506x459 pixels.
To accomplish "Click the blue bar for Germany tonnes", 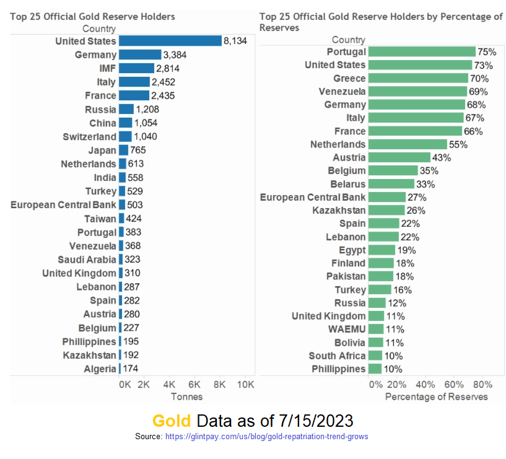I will pyautogui.click(x=140, y=55).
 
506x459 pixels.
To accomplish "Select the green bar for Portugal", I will pyautogui.click(x=422, y=52).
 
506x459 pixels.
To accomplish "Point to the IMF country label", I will pyautogui.click(x=108, y=68).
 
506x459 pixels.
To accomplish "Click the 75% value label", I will pyautogui.click(x=486, y=52).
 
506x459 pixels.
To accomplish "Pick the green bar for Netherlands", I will pyautogui.click(x=408, y=144).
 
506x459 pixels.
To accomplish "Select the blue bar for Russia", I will pyautogui.click(x=126, y=109).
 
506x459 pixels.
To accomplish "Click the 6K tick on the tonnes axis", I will pyautogui.click(x=194, y=384).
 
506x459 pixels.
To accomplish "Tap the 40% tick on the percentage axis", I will pyautogui.click(x=425, y=384).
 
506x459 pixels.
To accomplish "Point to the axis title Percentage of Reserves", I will pyautogui.click(x=436, y=396).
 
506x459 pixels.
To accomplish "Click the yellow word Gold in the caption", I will pyautogui.click(x=172, y=421).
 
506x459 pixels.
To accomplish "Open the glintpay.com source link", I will pyautogui.click(x=266, y=437).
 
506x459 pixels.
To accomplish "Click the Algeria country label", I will pyautogui.click(x=100, y=369).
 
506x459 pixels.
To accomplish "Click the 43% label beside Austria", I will pyautogui.click(x=442, y=157).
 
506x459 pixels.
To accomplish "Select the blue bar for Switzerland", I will pyautogui.click(x=125, y=136).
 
